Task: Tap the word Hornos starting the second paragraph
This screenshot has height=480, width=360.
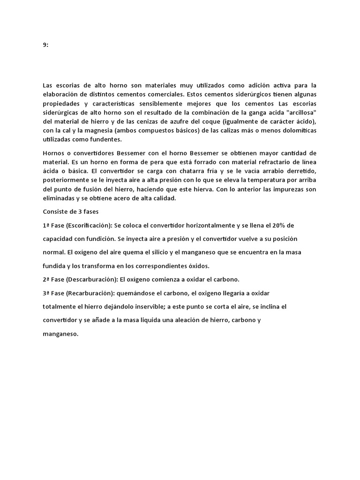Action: (53, 153)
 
